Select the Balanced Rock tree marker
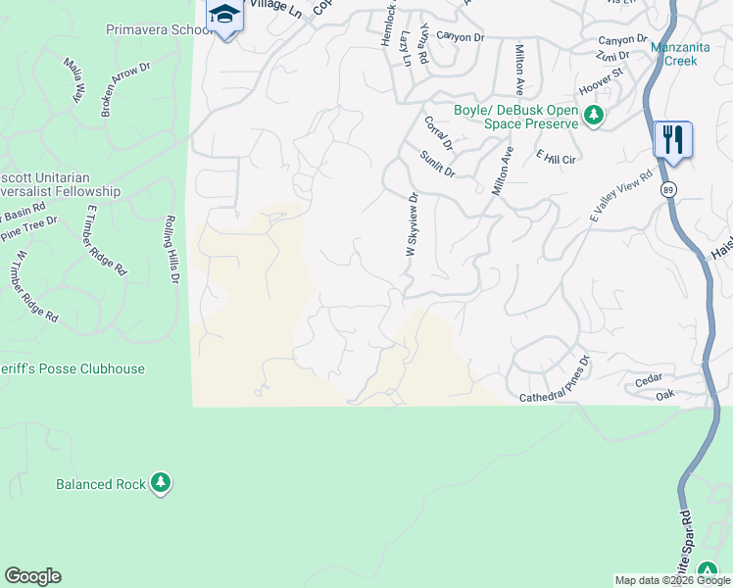click(x=162, y=483)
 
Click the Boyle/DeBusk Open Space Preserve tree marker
click(x=593, y=117)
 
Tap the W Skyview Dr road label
click(x=413, y=224)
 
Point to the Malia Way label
click(x=73, y=80)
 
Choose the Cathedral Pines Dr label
click(x=556, y=382)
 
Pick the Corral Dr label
click(x=438, y=133)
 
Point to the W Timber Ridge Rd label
click(x=35, y=287)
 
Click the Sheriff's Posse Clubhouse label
click(x=73, y=369)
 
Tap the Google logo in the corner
click(x=32, y=576)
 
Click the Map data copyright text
click(x=671, y=580)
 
